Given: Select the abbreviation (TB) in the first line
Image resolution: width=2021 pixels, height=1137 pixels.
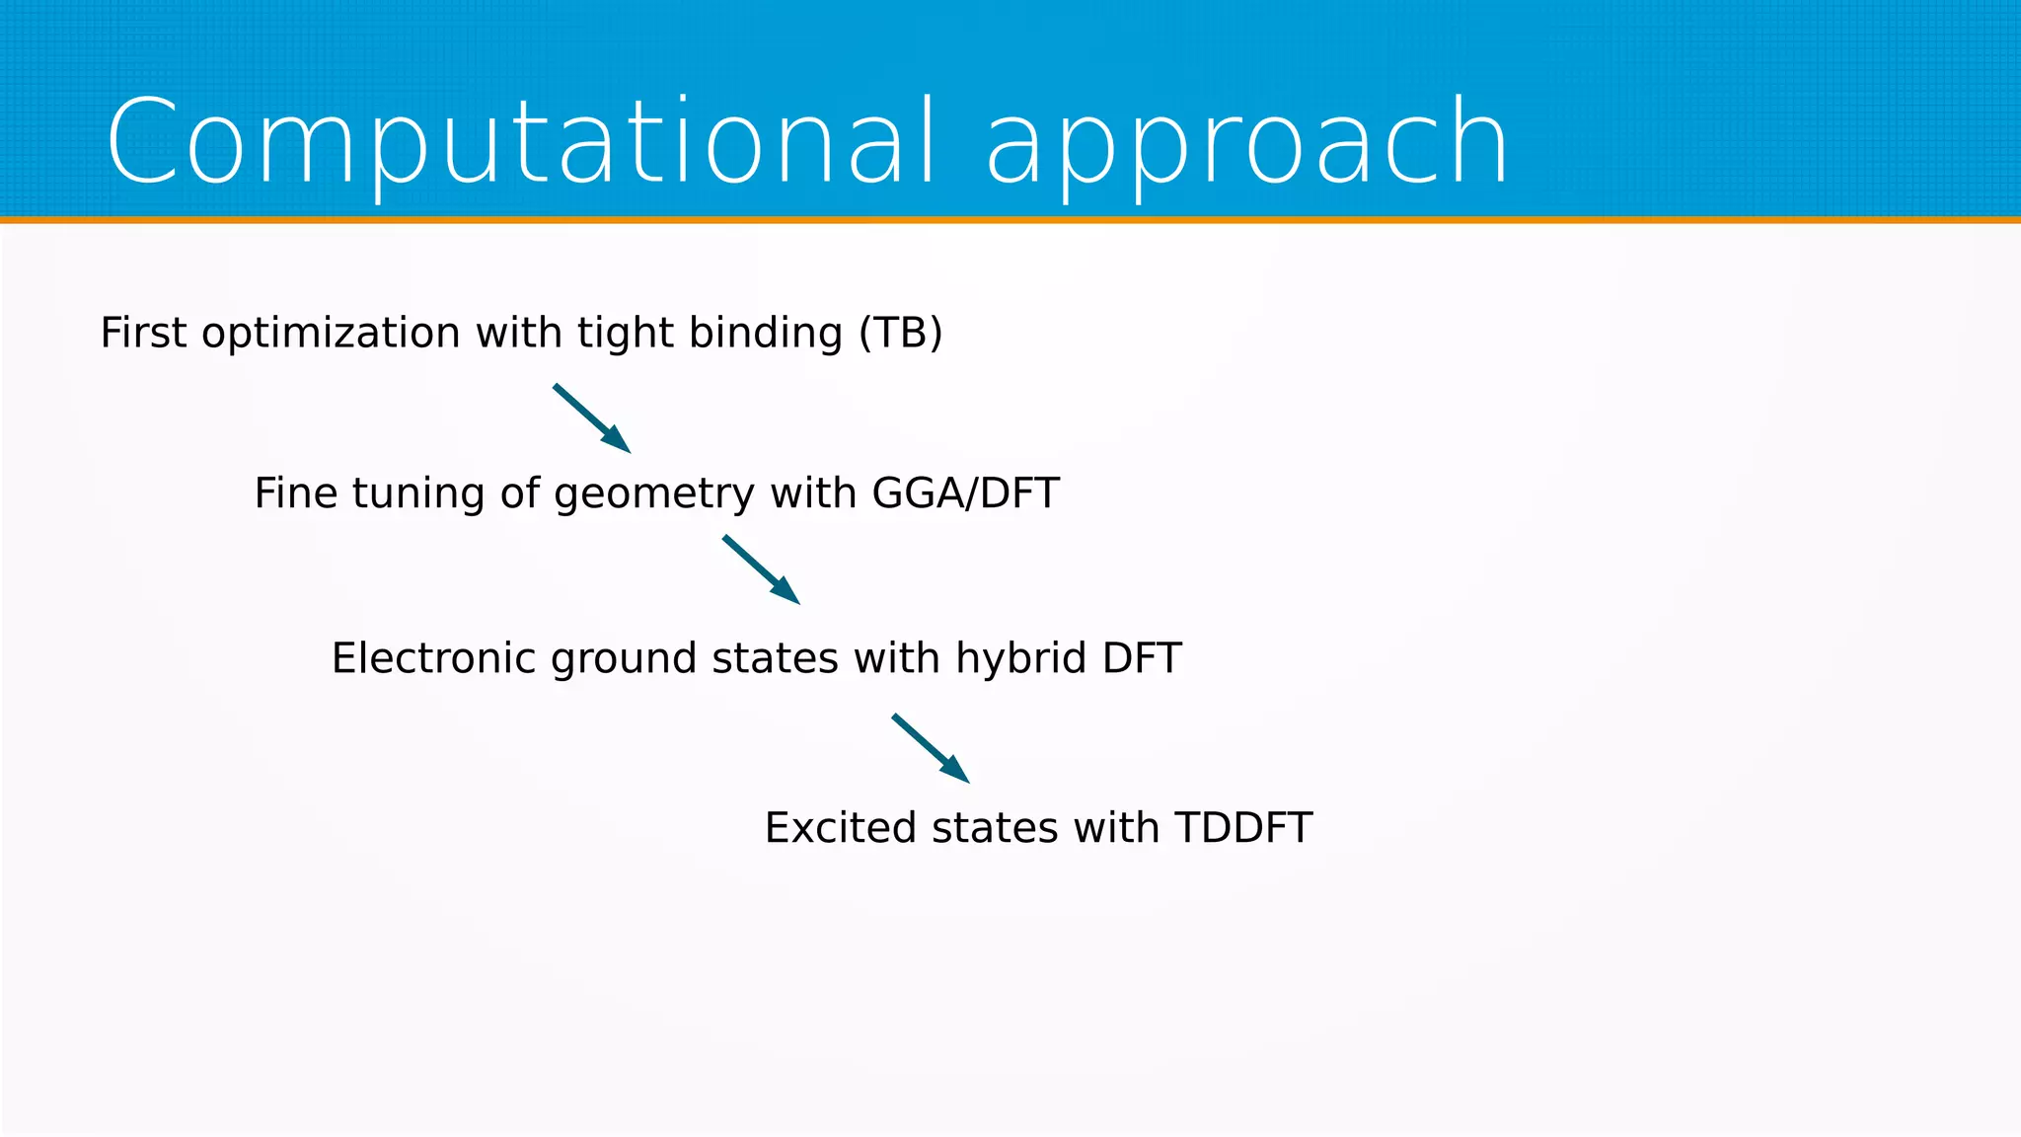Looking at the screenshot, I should (900, 333).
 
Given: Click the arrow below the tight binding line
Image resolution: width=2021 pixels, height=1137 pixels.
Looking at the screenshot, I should (592, 418).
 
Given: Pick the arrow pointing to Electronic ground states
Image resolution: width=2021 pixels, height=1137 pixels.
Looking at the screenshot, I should (761, 569).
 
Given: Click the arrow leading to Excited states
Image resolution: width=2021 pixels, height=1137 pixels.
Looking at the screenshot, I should (931, 748).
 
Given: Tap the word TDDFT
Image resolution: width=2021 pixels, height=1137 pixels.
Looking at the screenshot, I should (1242, 827).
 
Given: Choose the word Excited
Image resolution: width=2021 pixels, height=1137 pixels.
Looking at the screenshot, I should (840, 827).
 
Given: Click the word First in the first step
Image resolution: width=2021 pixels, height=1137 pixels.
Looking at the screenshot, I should (143, 333).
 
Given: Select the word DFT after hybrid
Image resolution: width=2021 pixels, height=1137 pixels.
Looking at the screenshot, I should (1142, 658).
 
